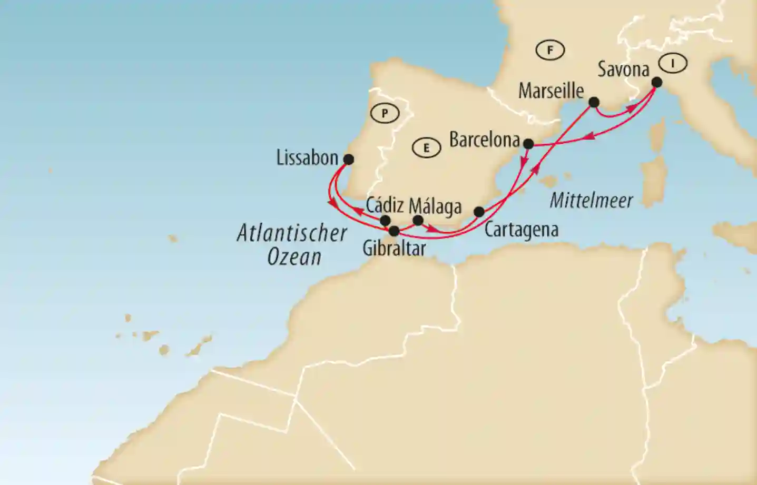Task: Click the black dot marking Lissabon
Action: click(348, 159)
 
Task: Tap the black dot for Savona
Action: click(657, 82)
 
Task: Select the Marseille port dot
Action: click(594, 102)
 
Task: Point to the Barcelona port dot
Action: click(528, 143)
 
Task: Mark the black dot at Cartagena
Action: click(479, 212)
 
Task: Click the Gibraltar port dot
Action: click(394, 231)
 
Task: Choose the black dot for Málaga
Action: click(418, 220)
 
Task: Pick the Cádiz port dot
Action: click(385, 220)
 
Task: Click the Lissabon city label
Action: click(307, 157)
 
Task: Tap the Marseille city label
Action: click(551, 91)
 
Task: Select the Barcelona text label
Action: click(484, 140)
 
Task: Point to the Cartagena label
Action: click(521, 230)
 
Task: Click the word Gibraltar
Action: click(394, 248)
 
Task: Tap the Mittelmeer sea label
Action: click(591, 200)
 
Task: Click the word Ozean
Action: click(294, 256)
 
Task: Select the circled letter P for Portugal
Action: click(385, 113)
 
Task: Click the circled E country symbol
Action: click(426, 148)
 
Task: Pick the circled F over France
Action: click(550, 51)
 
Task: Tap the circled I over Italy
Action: click(673, 63)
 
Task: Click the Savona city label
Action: click(623, 69)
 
